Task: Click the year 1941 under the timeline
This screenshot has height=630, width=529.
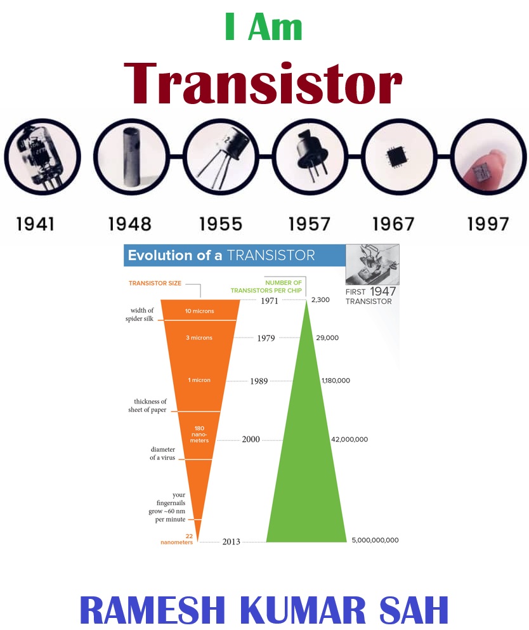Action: click(36, 224)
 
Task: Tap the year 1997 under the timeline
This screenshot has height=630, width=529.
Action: click(488, 224)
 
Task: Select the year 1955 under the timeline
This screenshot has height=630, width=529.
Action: click(221, 224)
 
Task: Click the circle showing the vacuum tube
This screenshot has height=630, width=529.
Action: click(42, 157)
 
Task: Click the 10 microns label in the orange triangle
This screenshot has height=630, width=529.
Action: click(199, 312)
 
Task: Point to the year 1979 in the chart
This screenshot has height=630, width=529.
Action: click(266, 338)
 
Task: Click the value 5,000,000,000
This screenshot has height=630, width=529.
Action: click(375, 540)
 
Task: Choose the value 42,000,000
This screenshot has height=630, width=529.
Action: click(349, 439)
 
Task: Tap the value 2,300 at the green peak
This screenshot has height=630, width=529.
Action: click(320, 299)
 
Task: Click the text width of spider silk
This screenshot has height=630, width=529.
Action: click(140, 314)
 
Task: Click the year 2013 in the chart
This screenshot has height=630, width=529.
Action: click(231, 542)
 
